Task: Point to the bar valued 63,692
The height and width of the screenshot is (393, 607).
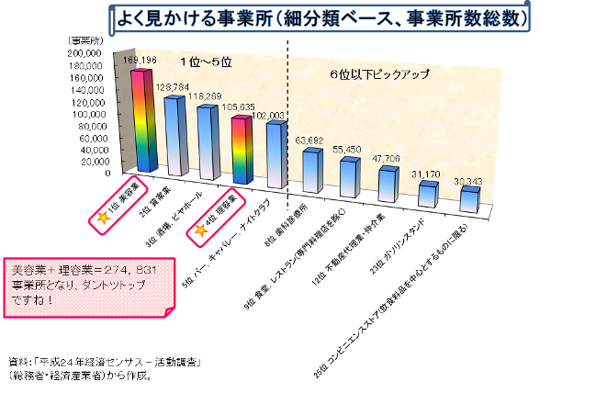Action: click(x=311, y=171)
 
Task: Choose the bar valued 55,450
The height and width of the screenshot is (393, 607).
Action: click(x=348, y=177)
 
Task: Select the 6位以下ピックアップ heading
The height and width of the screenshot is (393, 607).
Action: click(x=379, y=74)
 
